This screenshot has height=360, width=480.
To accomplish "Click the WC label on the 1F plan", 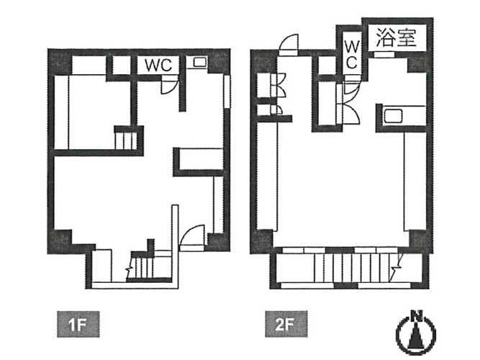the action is (x=158, y=65).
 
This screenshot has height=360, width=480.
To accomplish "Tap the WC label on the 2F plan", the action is (x=352, y=55).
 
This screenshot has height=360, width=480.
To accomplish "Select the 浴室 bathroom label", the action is (x=396, y=37).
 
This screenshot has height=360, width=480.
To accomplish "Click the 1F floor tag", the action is (x=78, y=324).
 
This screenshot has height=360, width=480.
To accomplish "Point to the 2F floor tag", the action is (x=286, y=324).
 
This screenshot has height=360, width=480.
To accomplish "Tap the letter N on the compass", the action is (x=416, y=315).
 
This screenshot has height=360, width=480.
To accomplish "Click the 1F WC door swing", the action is (x=169, y=85).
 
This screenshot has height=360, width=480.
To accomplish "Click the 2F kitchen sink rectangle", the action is (x=393, y=116).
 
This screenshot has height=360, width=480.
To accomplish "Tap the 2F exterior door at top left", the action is (x=288, y=45).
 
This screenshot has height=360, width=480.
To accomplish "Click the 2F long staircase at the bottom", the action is (x=352, y=266).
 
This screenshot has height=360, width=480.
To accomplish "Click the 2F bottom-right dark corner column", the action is (x=420, y=241).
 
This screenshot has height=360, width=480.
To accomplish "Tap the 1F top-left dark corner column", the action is (x=60, y=63).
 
